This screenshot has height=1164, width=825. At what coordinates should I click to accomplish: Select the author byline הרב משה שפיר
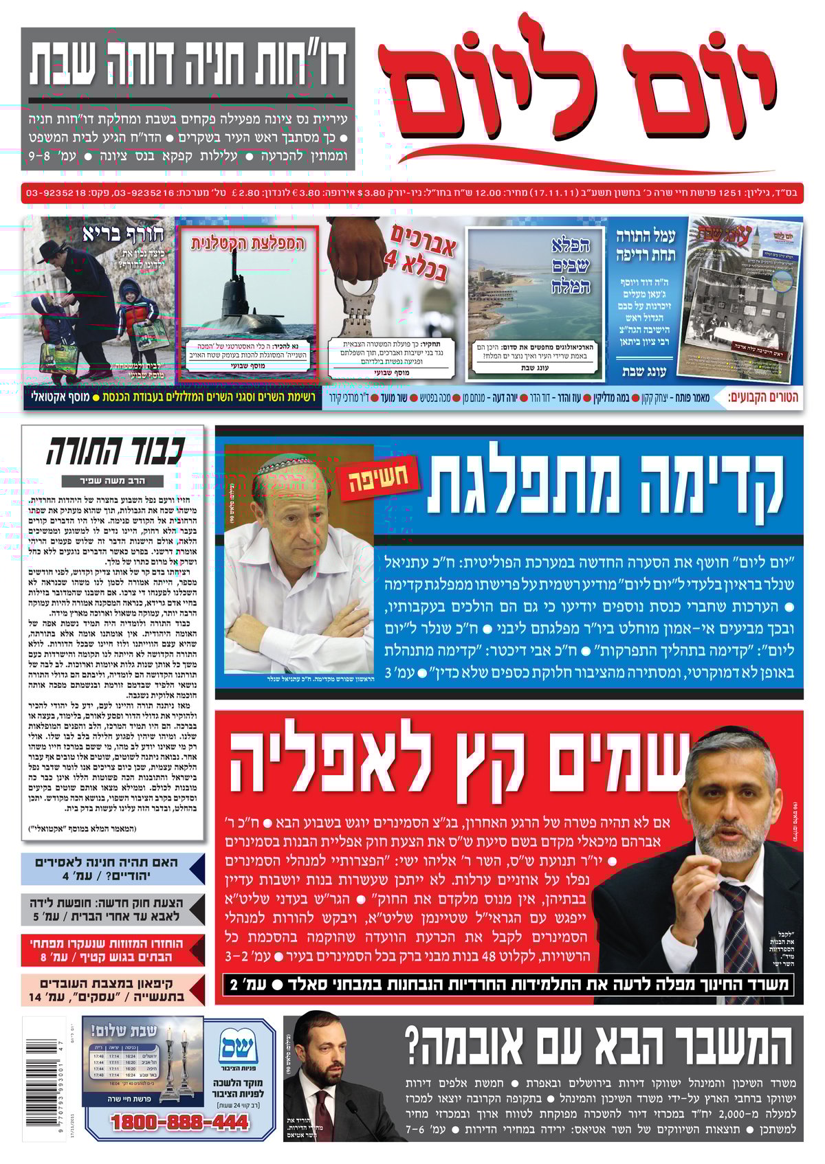(x=112, y=481)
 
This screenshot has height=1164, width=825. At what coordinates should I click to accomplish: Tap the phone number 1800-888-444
(x=179, y=1122)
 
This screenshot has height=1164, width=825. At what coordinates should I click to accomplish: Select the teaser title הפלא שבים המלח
(x=570, y=265)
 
